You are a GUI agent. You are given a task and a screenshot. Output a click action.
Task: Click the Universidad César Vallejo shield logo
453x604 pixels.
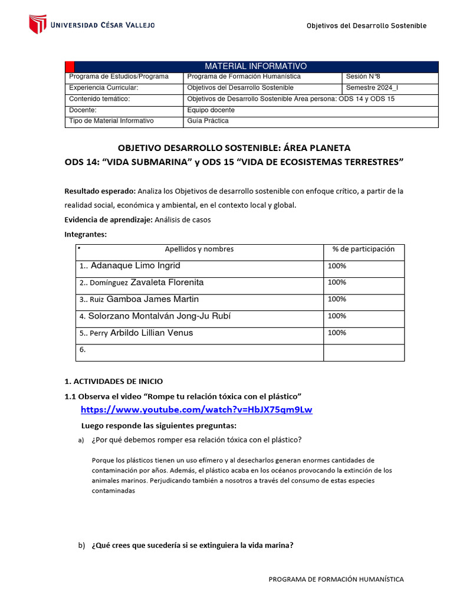coord(38,24)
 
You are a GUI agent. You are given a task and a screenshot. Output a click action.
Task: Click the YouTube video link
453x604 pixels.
coord(196,410)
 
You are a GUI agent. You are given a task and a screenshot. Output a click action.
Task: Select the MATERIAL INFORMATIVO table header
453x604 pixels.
coord(255,66)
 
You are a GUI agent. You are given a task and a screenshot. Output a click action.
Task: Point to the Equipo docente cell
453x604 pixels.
coord(211,110)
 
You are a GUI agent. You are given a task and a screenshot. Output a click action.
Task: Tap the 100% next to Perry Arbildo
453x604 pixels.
coord(337,333)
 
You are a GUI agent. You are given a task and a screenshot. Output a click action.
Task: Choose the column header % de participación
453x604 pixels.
coord(363,250)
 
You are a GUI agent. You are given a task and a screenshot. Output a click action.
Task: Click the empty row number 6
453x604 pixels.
coord(83,350)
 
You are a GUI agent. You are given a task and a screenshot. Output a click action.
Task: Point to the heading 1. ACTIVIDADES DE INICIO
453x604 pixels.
coord(113,382)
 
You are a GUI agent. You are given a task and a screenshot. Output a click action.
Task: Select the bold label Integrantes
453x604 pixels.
coord(86,234)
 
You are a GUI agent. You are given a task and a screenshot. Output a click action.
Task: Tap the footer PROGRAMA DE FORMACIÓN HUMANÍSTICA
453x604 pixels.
coord(336,579)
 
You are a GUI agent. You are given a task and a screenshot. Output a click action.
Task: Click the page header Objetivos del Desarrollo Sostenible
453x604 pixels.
coord(366,26)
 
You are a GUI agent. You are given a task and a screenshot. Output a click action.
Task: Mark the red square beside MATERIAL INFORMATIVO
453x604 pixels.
coord(69,66)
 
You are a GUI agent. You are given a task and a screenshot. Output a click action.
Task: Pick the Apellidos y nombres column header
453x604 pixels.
coord(199,250)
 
